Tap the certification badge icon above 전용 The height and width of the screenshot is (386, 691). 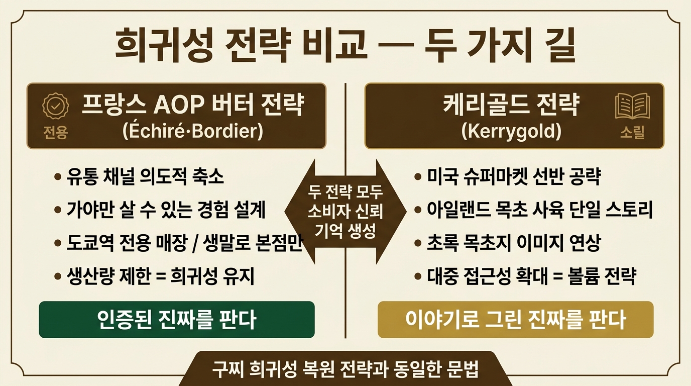coord(56,106)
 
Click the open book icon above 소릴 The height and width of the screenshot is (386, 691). coord(632,107)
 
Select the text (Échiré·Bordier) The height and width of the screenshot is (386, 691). coord(193,131)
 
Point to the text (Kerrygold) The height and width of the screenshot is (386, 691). coord(511,131)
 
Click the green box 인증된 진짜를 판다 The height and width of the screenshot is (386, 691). coord(177,320)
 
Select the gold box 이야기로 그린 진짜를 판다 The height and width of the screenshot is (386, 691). coord(515,320)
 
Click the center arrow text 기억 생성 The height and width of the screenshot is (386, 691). coord(345,230)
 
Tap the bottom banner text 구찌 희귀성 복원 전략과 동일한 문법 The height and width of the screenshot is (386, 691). coord(345,369)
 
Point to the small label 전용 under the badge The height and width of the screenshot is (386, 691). coord(56,133)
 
